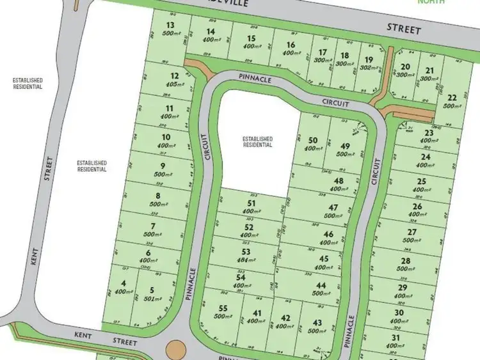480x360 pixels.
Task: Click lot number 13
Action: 170,26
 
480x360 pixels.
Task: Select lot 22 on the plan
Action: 452,97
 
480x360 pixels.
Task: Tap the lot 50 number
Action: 313,141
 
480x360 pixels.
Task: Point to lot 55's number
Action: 223,309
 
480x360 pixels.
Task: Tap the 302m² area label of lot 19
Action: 367,65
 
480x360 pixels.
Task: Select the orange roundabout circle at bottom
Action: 175,350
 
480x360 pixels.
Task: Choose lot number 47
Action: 333,208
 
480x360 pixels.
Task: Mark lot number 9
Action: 163,166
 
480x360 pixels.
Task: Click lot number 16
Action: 291,45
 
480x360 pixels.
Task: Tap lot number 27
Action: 412,232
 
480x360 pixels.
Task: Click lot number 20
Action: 404,67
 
